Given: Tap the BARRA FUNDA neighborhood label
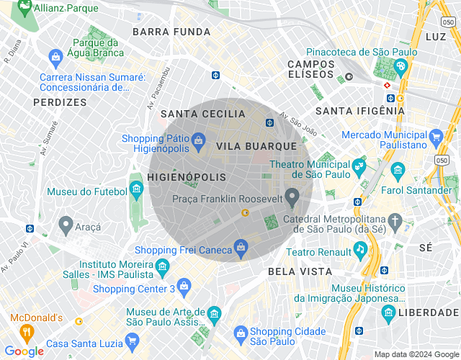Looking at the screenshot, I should click(172, 32).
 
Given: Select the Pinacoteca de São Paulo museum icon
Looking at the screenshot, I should click(400, 67).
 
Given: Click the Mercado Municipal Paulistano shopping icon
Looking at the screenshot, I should click(435, 136).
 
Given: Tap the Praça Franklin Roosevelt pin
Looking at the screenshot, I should click(292, 196).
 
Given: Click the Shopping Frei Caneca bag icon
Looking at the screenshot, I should click(241, 249).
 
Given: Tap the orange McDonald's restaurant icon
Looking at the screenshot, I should click(27, 332).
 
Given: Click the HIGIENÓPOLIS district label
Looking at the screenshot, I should click(187, 177).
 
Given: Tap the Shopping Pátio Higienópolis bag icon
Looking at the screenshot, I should click(198, 139).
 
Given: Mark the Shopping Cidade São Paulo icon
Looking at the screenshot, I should click(241, 332).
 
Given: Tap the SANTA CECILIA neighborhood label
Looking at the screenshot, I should click(203, 114).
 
